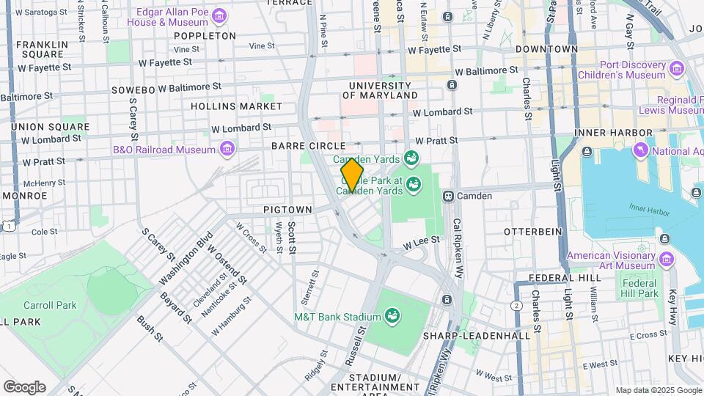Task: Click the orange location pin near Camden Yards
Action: (352, 175)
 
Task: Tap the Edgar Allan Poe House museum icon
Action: (219, 16)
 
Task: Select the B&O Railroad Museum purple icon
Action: (227, 150)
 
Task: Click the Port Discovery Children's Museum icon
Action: (675, 69)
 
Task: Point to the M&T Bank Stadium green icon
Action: (392, 316)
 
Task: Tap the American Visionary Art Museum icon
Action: (667, 260)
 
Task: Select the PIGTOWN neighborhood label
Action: (288, 210)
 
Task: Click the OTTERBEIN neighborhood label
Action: (532, 231)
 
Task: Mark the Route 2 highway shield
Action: (517, 305)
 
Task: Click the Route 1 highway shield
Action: (7, 227)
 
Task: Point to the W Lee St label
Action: (420, 240)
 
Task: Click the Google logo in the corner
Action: (24, 386)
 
